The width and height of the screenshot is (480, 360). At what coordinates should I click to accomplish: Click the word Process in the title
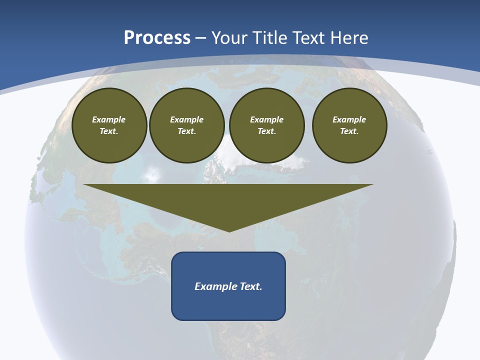point(157,38)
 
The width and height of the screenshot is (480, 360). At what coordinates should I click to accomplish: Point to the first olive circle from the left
point(109,125)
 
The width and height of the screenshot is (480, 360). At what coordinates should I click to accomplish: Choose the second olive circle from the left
point(186,125)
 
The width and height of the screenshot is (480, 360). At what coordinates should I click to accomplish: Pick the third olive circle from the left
point(266,125)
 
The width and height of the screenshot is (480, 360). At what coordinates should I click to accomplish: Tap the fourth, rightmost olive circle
point(349,125)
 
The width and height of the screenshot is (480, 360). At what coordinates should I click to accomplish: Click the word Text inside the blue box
point(251,286)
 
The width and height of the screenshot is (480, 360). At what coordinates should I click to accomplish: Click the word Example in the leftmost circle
point(109,119)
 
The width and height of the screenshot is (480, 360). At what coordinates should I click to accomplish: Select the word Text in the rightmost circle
point(349,131)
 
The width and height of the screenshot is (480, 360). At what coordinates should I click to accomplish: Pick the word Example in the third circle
point(266,119)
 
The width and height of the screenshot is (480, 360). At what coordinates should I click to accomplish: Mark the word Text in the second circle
point(186,131)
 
